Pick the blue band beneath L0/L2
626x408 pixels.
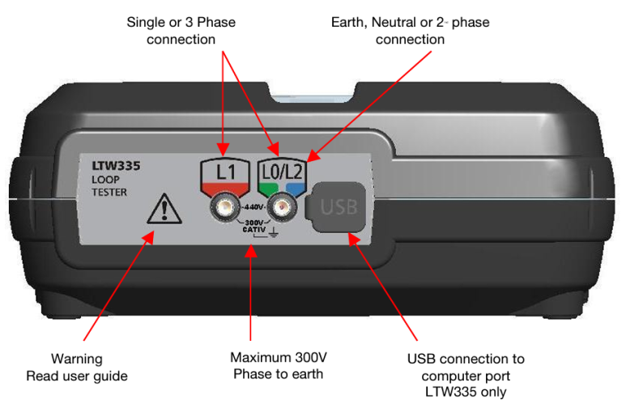tap(294, 188)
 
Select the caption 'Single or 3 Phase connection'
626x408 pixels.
tap(181, 30)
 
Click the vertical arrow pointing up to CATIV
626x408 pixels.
tap(251, 291)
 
